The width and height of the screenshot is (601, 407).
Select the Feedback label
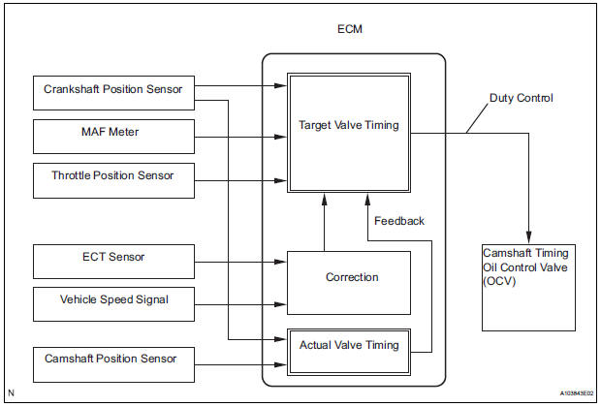tap(398, 221)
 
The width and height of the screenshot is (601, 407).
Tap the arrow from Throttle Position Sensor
tap(242, 179)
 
